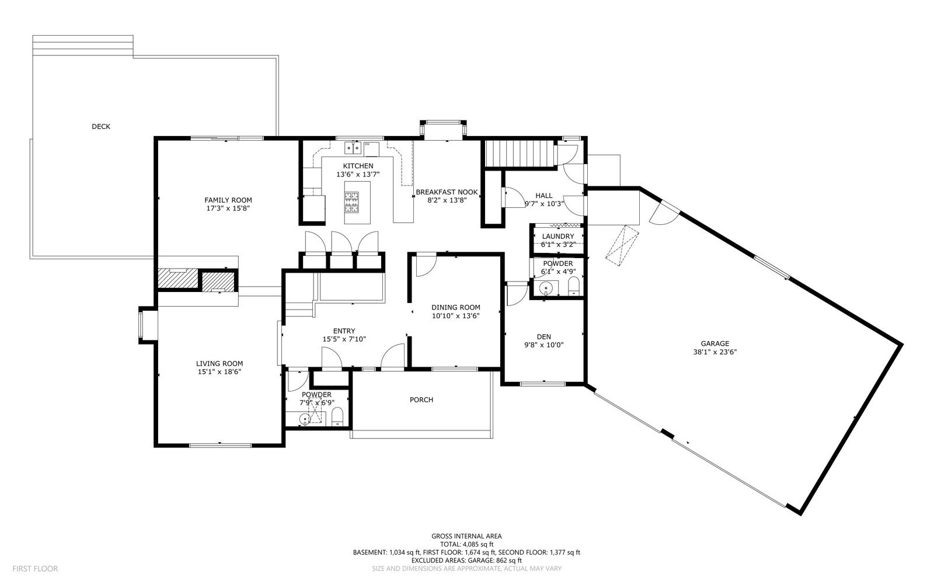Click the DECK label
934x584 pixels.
tap(101, 126)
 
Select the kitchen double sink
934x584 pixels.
tap(353, 148)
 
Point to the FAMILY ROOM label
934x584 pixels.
tap(228, 200)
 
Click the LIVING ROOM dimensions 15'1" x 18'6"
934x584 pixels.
tap(219, 371)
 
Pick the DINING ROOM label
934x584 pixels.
tap(456, 307)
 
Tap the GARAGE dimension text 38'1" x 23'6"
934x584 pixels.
tap(715, 352)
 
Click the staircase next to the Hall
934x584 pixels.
tap(520, 154)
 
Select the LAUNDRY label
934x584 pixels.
tap(558, 237)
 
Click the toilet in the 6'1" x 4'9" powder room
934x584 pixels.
tap(574, 287)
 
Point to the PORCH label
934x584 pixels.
tap(421, 399)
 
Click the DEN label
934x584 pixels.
tap(543, 336)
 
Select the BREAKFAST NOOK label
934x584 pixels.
tap(447, 192)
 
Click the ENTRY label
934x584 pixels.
tap(344, 331)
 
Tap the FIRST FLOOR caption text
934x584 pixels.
tap(35, 569)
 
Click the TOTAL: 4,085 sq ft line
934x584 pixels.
tap(466, 544)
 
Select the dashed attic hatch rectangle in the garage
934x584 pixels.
tap(622, 246)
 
